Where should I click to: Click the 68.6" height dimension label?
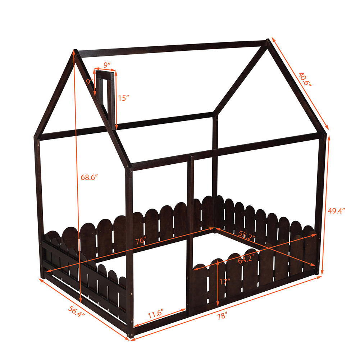(89, 177)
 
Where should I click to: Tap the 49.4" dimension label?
(336, 211)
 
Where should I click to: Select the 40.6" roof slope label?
(305, 79)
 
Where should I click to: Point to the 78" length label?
(222, 316)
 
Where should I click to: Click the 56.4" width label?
(77, 311)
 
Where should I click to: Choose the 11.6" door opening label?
(155, 314)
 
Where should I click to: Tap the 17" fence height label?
(224, 282)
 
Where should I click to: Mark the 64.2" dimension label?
(245, 260)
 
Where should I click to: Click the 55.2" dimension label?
(247, 236)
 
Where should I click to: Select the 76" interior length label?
(141, 241)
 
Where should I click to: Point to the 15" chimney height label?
(123, 98)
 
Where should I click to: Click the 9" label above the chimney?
(107, 65)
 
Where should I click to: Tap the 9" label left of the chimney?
(90, 82)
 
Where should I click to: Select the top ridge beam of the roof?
(172, 49)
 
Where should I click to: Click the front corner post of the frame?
(129, 252)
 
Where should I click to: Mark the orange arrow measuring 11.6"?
(160, 317)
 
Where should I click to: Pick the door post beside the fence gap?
(190, 236)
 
